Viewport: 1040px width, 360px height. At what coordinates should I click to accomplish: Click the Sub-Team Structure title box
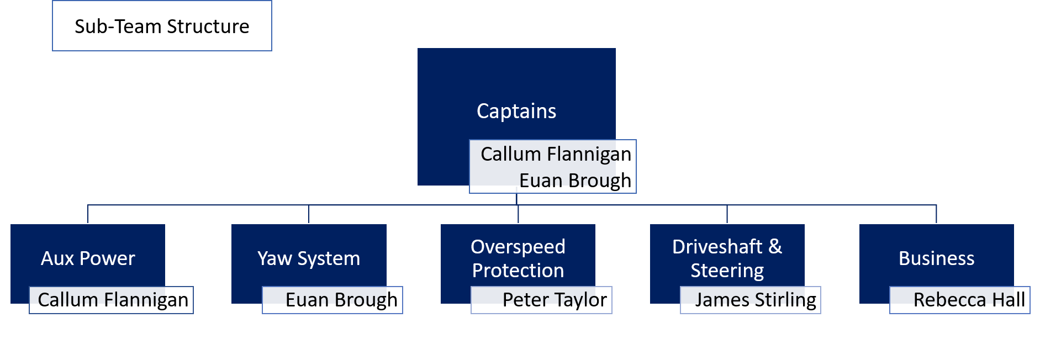tap(162, 27)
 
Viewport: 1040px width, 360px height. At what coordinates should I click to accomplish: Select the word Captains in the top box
tap(516, 111)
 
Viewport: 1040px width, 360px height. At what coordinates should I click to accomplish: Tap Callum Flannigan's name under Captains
tap(556, 154)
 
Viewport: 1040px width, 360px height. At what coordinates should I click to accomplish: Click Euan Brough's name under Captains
tap(575, 181)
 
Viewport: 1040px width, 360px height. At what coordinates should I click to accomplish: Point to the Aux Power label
tap(88, 258)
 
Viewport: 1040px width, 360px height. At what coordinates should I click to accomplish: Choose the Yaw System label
tap(309, 258)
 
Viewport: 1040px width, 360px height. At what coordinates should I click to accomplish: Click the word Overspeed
tap(518, 247)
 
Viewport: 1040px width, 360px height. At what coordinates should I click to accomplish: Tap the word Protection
tap(518, 271)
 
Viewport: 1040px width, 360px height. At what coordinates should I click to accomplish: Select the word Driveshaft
tap(717, 247)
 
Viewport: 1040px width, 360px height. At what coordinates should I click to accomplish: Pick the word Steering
tap(727, 271)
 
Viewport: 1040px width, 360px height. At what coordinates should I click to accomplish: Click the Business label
tap(936, 258)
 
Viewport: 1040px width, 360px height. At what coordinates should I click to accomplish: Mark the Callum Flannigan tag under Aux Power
tap(113, 300)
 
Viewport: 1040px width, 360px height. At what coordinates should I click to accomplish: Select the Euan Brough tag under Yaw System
tap(341, 300)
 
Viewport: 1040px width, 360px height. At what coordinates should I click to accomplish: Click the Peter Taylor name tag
tap(555, 300)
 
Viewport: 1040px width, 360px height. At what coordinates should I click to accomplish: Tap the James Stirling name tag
tap(755, 300)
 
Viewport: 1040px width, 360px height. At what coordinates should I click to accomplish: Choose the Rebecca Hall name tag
tap(969, 300)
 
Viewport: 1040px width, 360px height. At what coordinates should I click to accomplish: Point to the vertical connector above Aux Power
tap(88, 214)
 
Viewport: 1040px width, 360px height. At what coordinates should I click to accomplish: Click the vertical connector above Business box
tap(936, 214)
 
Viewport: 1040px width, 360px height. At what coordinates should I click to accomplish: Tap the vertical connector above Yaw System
tap(309, 214)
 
